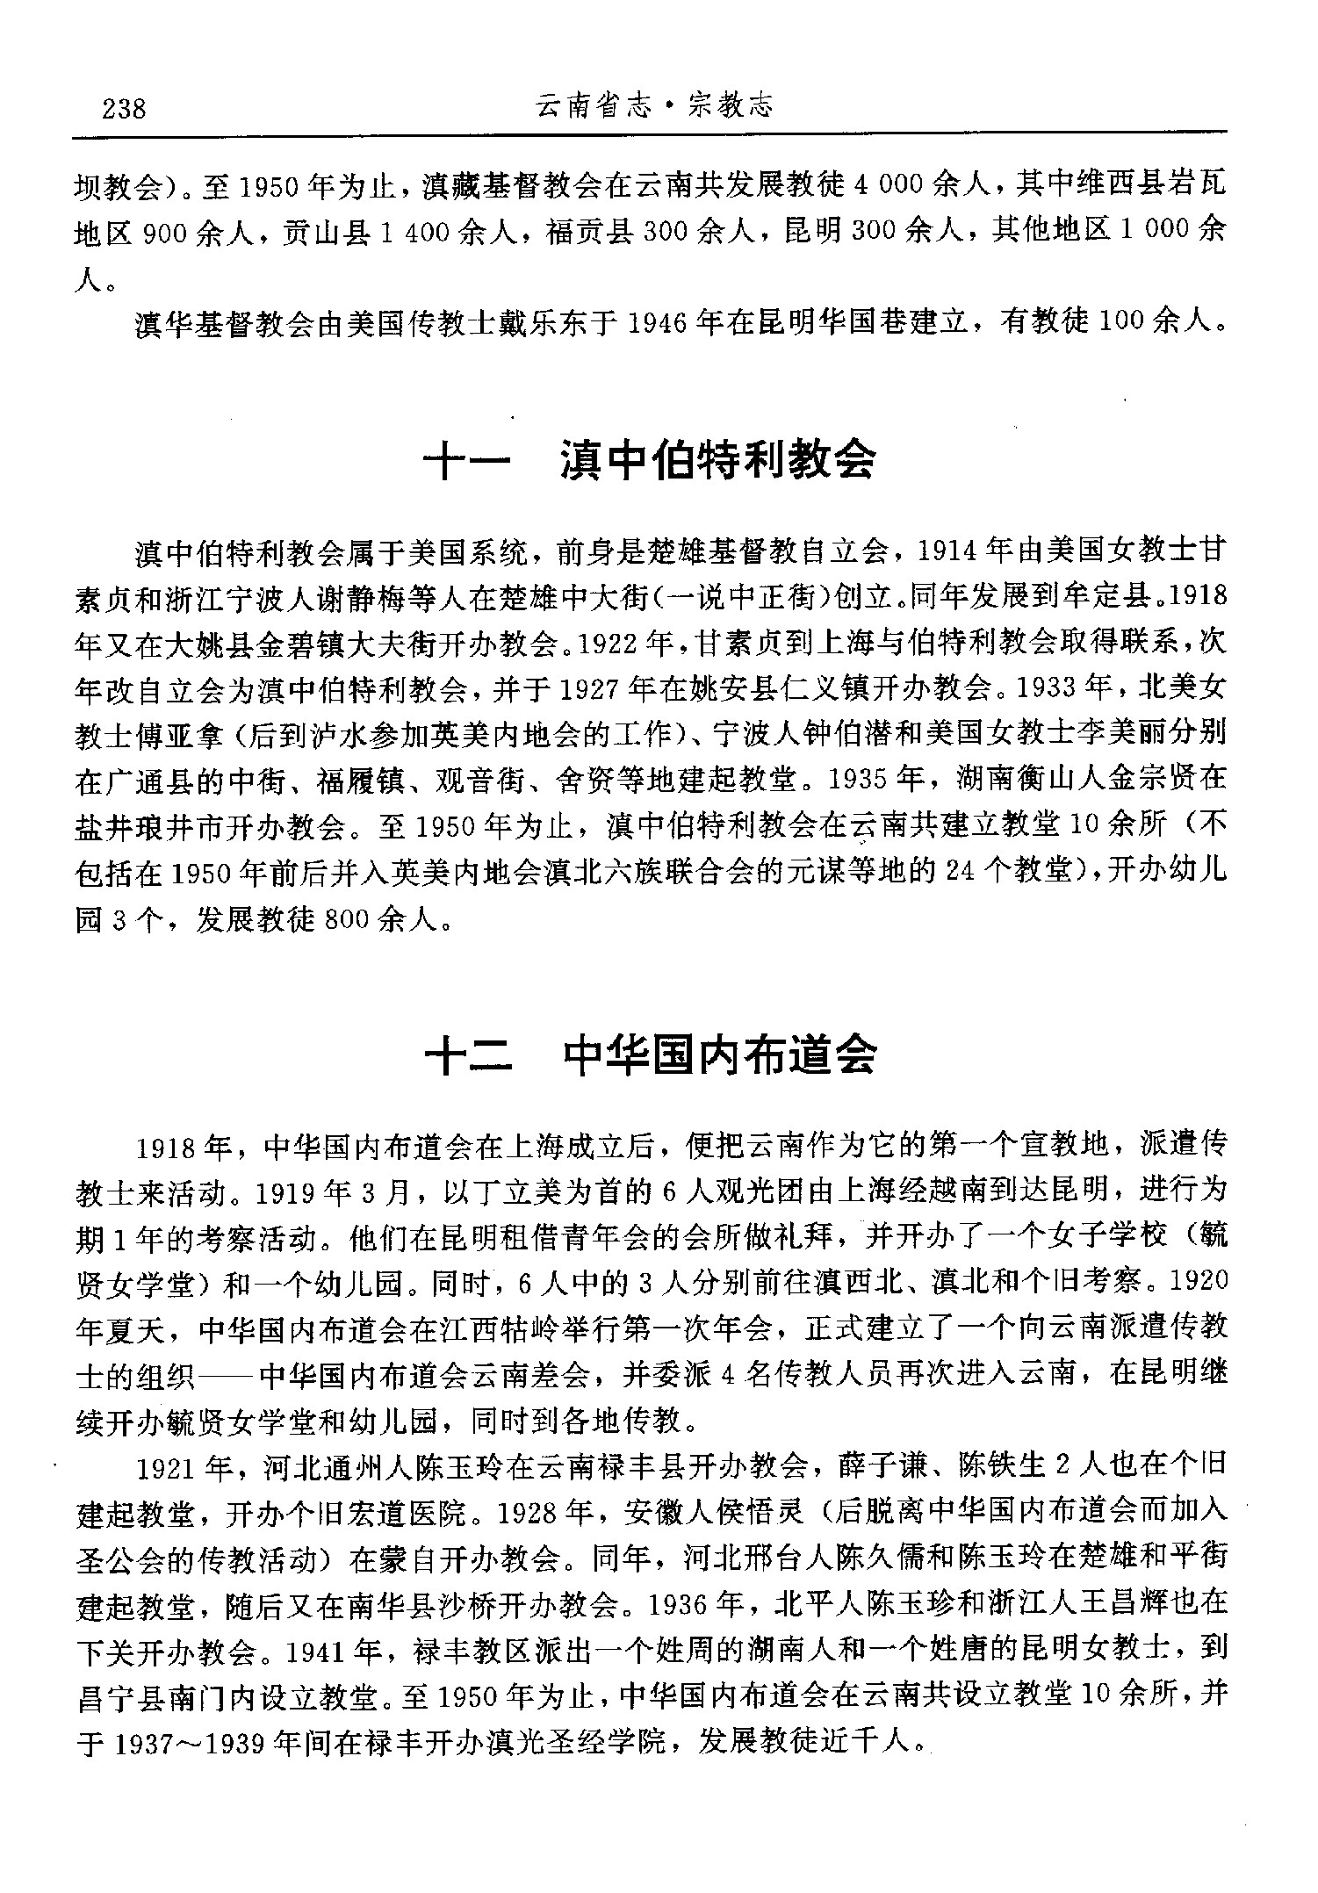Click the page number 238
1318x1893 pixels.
[x=124, y=110]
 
